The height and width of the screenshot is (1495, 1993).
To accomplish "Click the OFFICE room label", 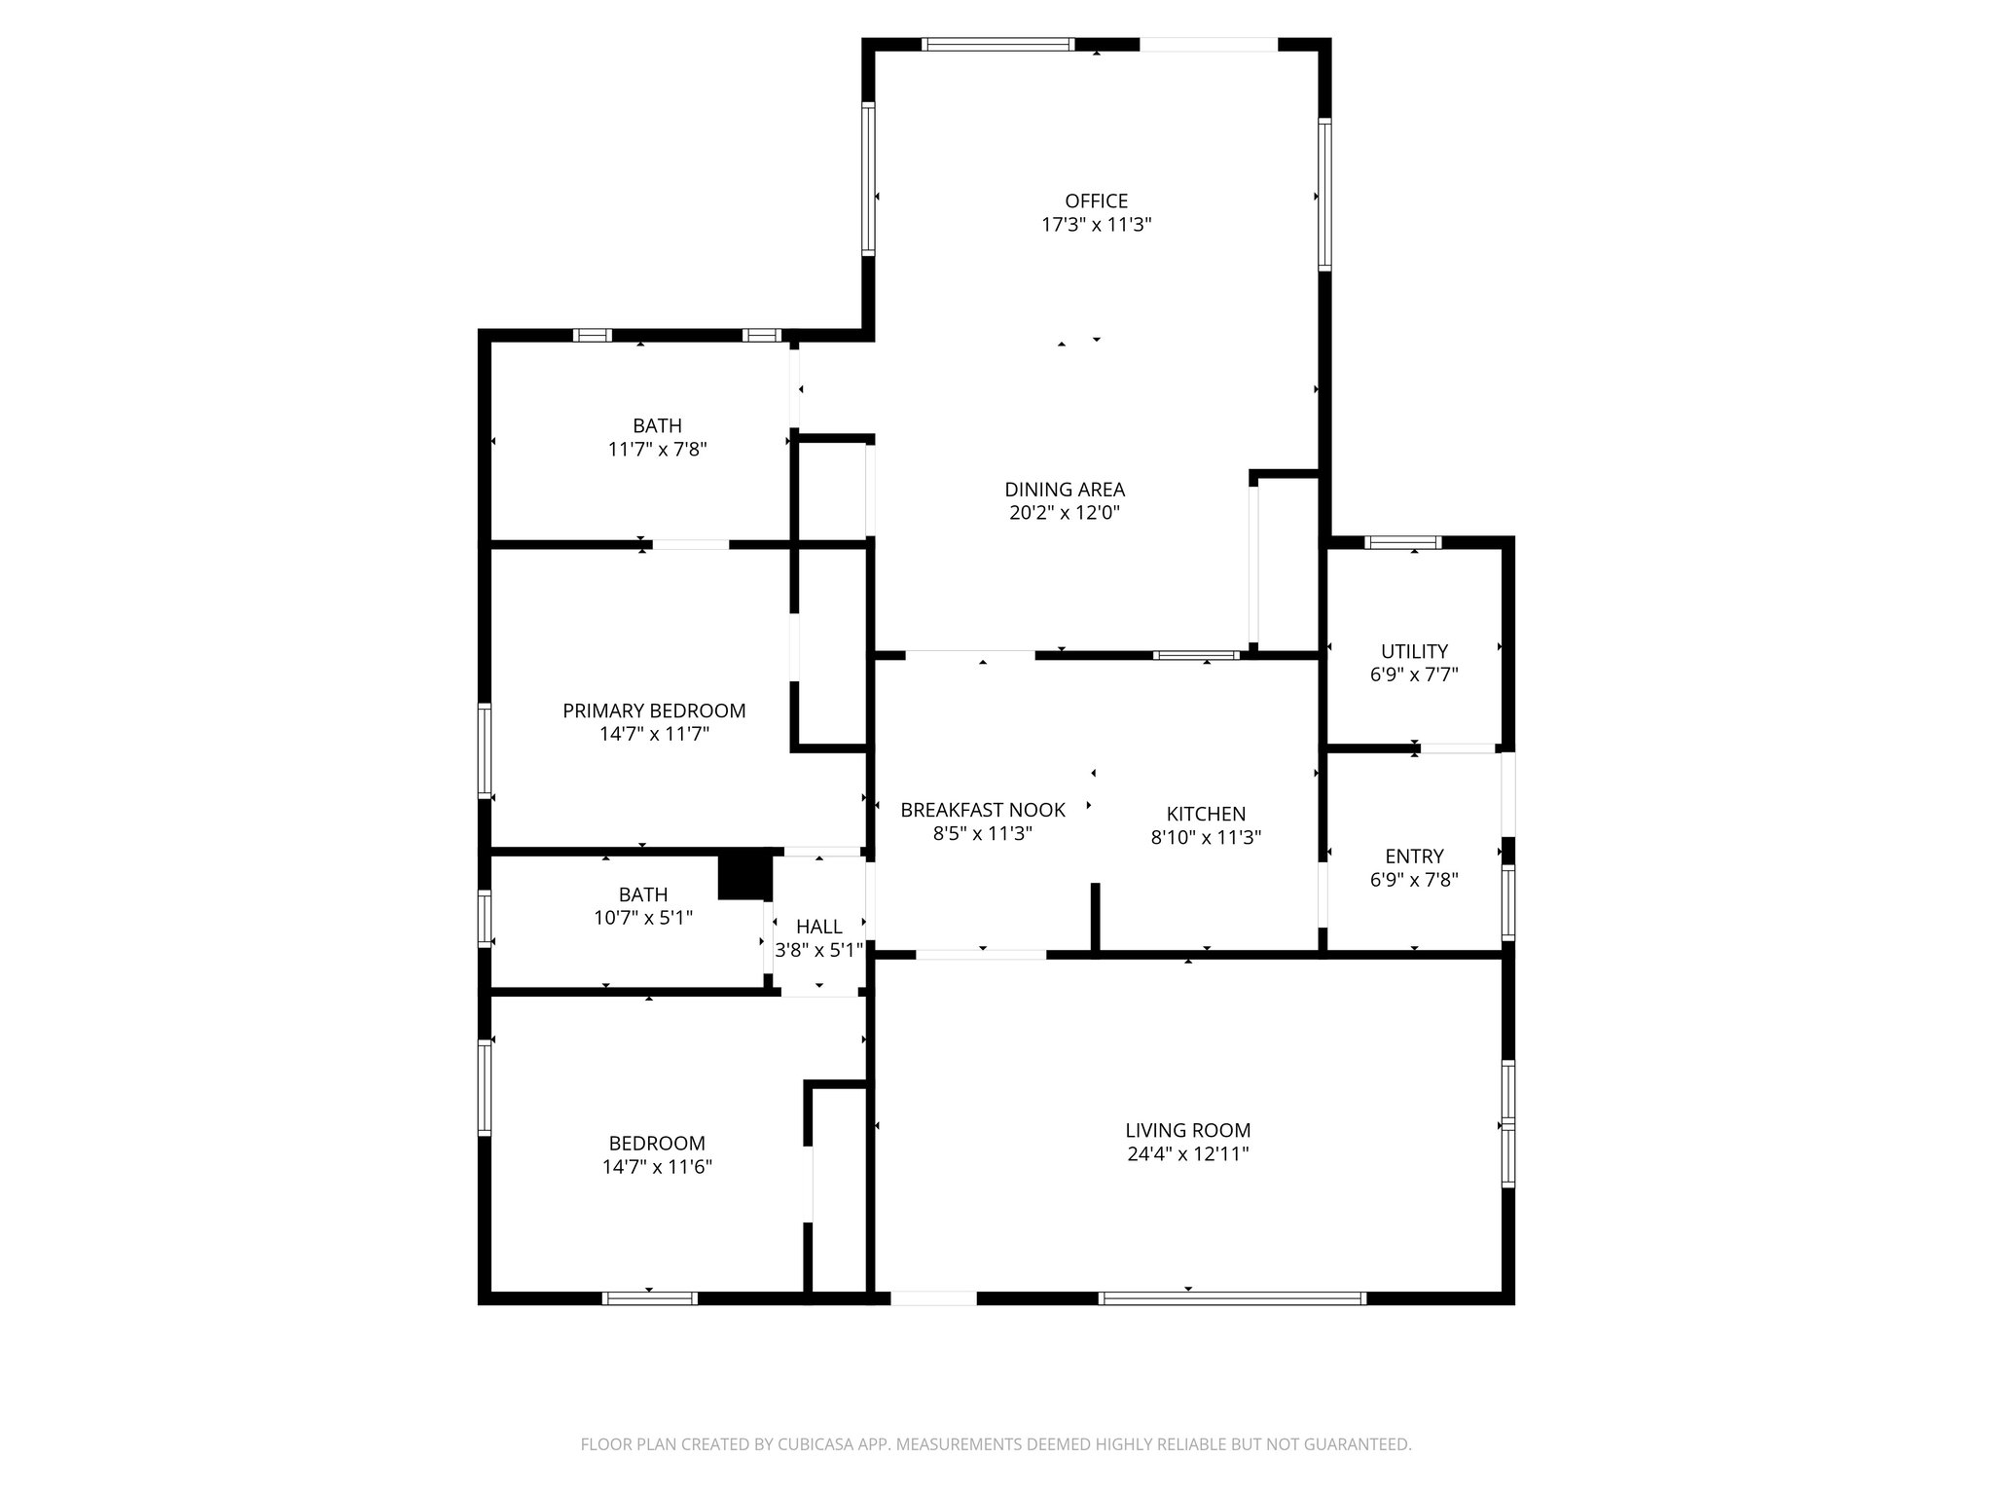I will coord(1096,201).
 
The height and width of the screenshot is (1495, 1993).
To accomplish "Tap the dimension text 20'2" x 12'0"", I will coord(1065,513).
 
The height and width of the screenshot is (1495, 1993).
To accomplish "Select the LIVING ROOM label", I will coord(1187,1131).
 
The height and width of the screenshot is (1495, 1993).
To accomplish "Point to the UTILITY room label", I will coord(1414,651).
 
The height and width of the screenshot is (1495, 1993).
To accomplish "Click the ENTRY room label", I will coord(1414,857).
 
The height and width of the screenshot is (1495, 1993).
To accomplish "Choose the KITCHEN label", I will coord(1206,814).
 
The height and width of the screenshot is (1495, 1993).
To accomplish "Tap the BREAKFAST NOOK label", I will coord(982,810).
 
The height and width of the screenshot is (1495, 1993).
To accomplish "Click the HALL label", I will coord(818,927).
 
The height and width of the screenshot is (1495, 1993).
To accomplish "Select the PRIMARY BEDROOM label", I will coord(654,711).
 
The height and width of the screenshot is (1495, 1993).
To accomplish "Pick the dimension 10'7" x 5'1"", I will coord(643,918).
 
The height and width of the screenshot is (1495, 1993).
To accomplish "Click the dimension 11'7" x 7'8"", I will coord(657,450).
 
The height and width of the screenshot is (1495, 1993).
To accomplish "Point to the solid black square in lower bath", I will coord(744,877).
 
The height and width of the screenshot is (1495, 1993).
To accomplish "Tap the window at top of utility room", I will coord(1402,543).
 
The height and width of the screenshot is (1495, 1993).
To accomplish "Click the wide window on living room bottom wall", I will coord(1232,1297).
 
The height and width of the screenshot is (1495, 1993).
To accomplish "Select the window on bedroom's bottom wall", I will coord(650,1297).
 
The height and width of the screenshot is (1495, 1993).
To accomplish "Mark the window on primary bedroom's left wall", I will coord(485,750).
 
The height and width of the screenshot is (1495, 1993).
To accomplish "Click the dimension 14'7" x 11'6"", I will coord(657,1167).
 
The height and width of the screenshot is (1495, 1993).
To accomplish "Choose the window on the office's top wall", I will coord(997,44).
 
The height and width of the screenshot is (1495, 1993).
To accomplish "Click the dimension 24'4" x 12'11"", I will coord(1187,1154).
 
